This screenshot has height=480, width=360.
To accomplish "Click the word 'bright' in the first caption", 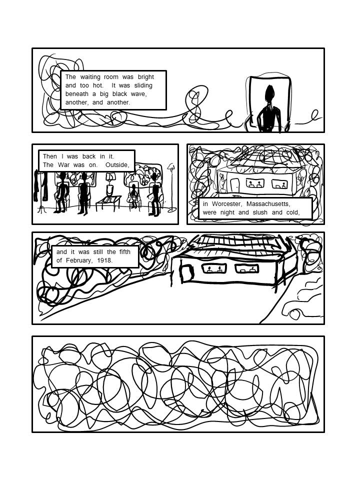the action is point(145,77).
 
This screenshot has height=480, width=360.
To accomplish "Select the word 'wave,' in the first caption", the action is point(139,94).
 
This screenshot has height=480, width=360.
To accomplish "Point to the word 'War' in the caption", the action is point(63,164).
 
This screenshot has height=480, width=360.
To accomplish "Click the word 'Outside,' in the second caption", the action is point(116,165).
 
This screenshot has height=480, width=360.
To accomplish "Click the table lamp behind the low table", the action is point(109,185).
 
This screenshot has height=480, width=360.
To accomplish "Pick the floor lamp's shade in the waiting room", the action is point(171,166).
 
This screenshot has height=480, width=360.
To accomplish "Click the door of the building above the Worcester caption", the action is point(234,184).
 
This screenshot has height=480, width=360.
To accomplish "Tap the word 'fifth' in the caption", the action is point(125,252).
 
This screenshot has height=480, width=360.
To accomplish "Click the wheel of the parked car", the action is point(294,314).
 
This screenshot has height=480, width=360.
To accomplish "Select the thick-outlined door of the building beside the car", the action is point(186,273).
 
